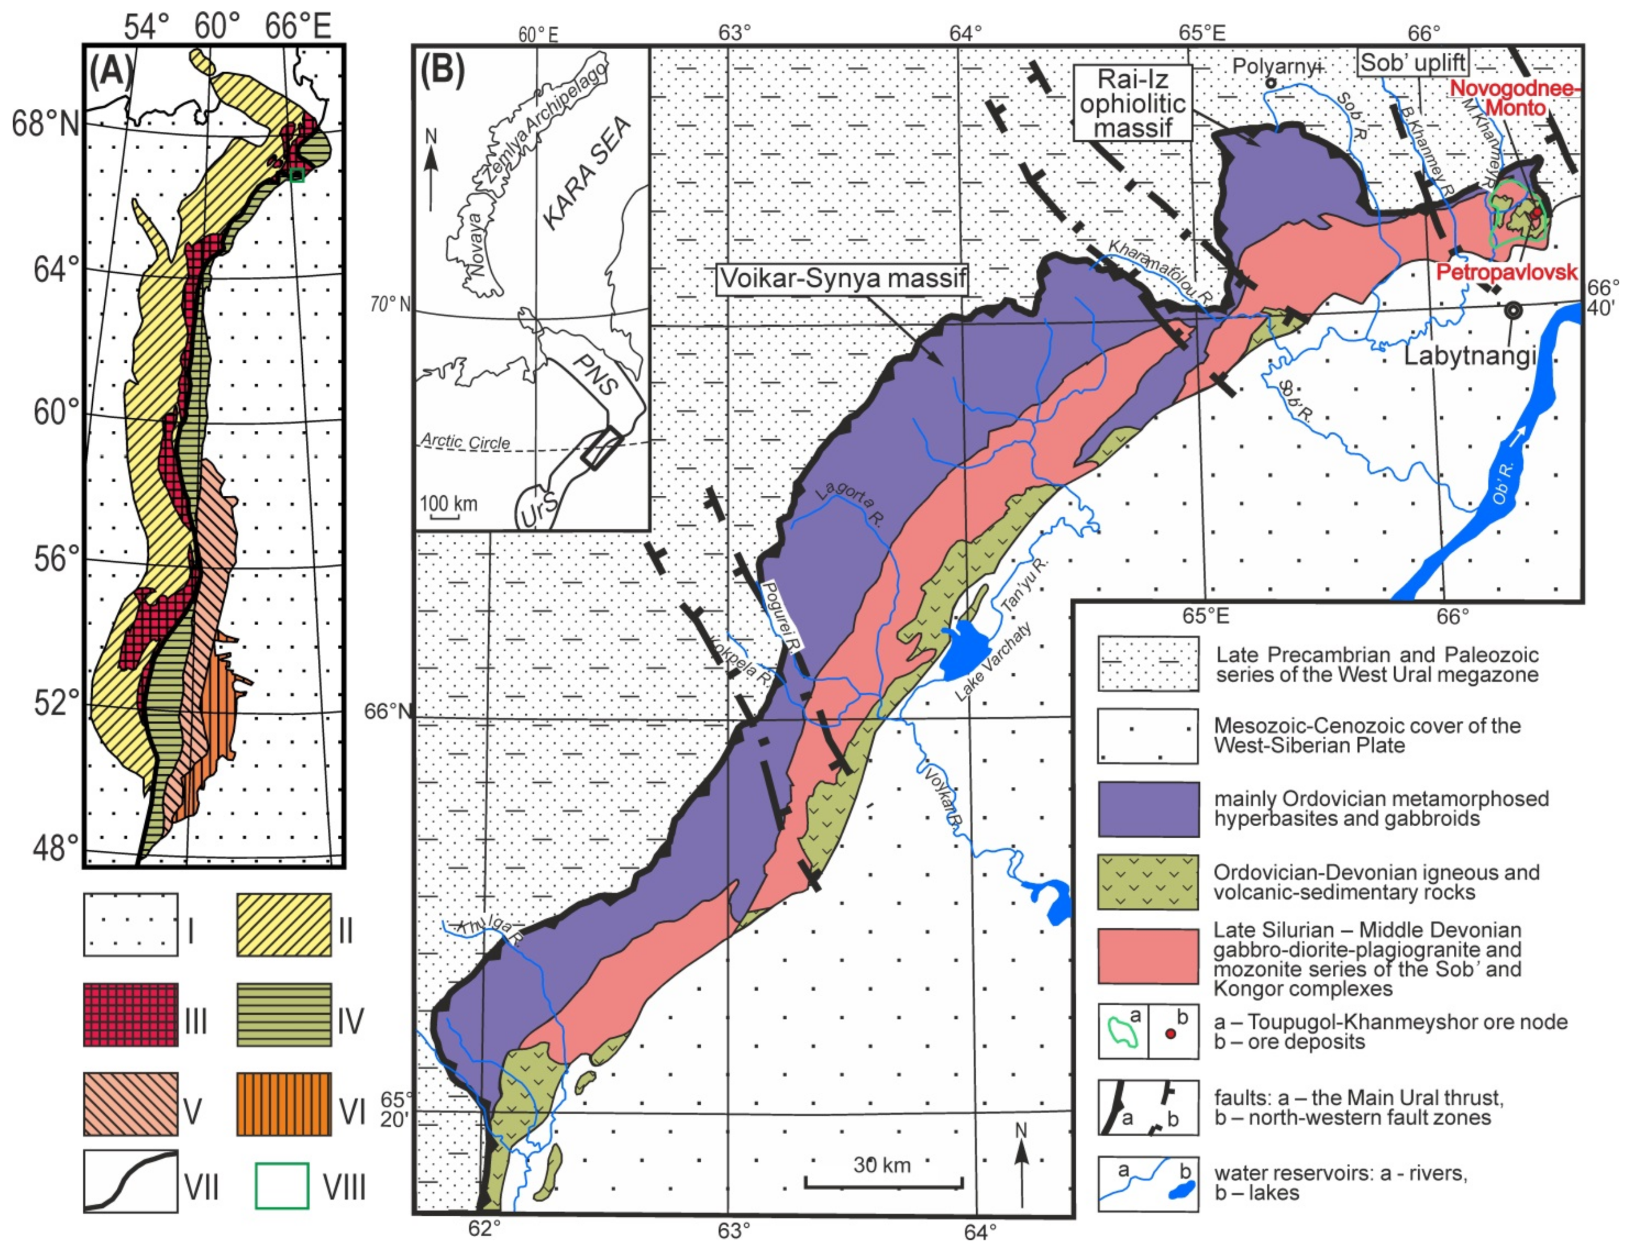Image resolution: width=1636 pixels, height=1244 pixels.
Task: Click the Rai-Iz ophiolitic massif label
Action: coord(1132,104)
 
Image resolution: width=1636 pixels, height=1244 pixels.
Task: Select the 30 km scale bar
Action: coord(884,1185)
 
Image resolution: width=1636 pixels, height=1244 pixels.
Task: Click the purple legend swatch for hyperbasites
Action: coord(1148,809)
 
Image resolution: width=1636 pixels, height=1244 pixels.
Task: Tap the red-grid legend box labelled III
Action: coord(131,1014)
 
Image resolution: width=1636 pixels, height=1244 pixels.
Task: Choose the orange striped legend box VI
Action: coord(283,1103)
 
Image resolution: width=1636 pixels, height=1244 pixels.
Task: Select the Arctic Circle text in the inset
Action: coord(466,442)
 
